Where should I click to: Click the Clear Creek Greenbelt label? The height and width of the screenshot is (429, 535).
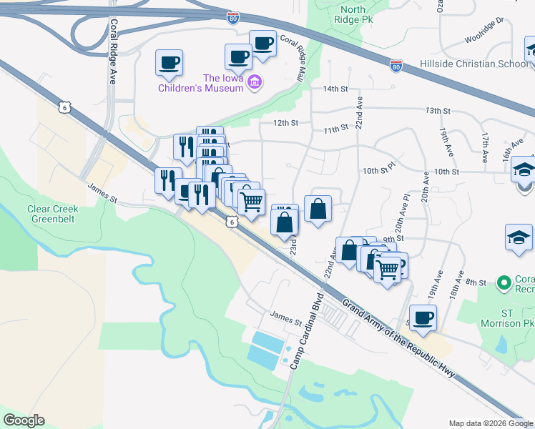point(52,214)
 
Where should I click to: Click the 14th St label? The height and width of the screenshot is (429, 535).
point(334,89)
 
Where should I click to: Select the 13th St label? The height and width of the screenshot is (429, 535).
point(438,111)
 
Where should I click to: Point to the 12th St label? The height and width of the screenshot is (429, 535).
point(284,123)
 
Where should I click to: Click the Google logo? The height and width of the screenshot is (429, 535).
point(24,420)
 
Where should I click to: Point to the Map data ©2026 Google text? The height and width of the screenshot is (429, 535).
point(490,423)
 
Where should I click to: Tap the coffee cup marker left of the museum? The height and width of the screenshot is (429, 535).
point(169,63)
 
